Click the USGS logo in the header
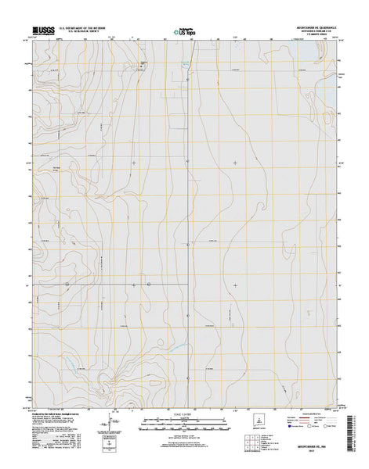coord(42,31)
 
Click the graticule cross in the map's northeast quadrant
coord(236,162)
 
